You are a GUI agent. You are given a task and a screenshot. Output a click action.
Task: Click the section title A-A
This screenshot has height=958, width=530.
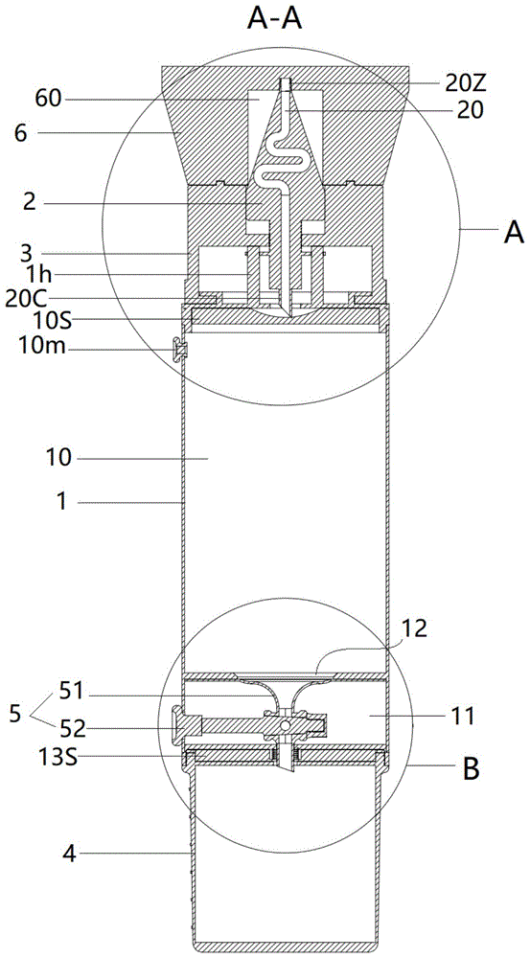[275, 20]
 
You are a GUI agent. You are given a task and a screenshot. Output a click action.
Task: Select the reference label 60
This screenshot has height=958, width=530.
[48, 99]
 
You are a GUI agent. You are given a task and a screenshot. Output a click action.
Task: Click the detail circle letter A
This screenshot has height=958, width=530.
[513, 233]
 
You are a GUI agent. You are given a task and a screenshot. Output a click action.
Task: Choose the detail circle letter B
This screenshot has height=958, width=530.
[470, 770]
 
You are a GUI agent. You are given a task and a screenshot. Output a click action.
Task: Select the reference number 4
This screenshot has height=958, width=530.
[70, 853]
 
